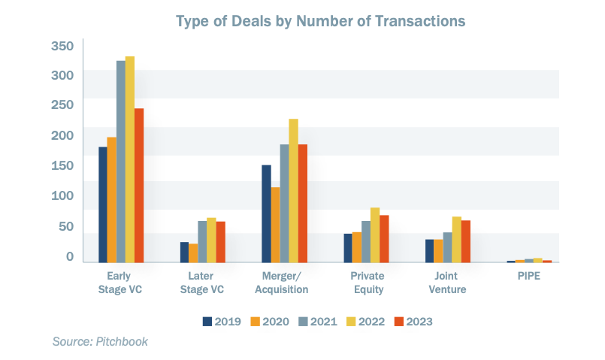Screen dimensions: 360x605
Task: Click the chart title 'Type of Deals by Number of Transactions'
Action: (x=321, y=20)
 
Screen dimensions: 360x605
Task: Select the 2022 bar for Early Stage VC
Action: (x=130, y=159)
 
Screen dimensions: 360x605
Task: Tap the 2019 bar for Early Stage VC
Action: (x=103, y=204)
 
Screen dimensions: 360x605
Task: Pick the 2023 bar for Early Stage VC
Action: (x=139, y=185)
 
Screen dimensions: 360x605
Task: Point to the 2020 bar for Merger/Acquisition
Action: (x=275, y=225)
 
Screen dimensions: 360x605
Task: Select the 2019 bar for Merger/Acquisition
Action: (x=266, y=213)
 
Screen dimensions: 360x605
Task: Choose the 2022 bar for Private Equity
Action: (x=375, y=234)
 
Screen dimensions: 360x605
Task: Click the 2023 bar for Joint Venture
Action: (x=465, y=241)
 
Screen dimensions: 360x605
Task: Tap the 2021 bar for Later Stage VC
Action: (x=202, y=241)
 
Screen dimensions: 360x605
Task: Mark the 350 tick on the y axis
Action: (x=62, y=46)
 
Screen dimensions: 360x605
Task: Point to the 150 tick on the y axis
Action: (x=62, y=165)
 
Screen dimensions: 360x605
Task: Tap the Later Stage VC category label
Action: (x=206, y=283)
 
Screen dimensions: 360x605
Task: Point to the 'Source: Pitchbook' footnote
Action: (x=100, y=342)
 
